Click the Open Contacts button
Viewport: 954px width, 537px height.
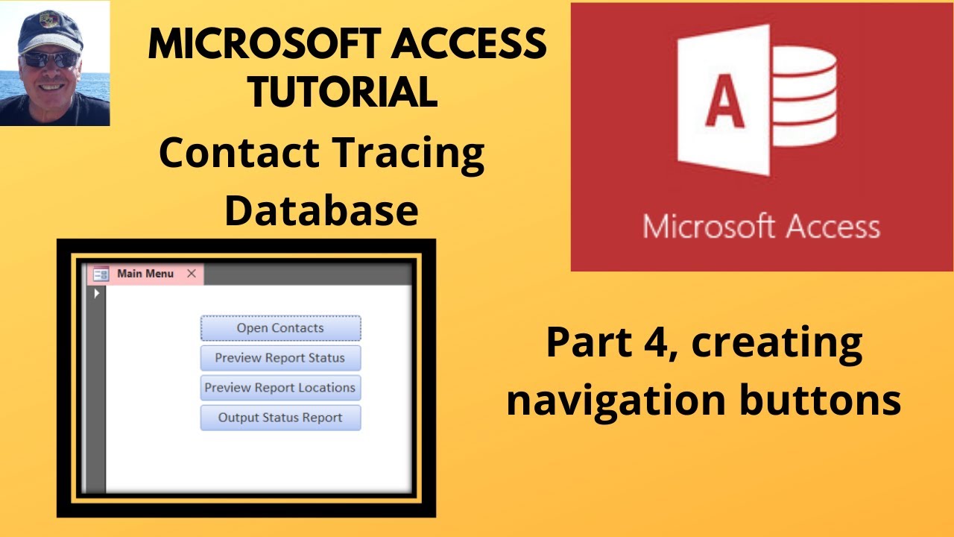click(x=280, y=328)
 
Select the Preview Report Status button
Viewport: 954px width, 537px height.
click(x=280, y=358)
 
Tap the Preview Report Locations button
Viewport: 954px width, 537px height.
click(x=280, y=388)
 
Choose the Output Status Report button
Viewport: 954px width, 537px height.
click(x=280, y=418)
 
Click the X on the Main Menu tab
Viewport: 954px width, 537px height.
click(x=192, y=274)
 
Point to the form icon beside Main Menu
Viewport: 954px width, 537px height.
click(x=101, y=274)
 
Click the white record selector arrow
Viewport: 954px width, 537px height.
click(x=97, y=294)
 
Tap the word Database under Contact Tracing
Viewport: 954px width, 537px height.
click(x=321, y=210)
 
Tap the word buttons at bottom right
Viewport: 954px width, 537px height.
click(x=820, y=401)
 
